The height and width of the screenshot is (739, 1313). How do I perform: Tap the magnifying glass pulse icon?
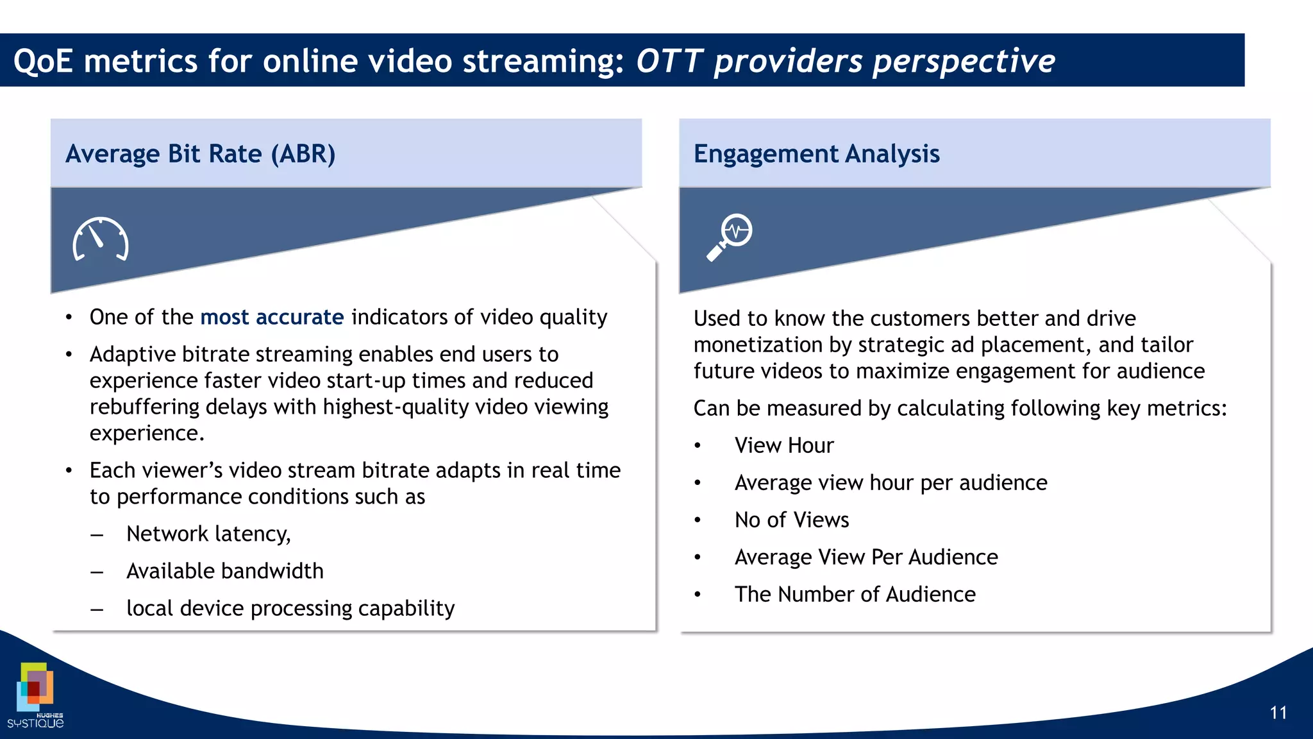coord(730,237)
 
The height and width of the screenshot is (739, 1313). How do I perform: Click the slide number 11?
coord(1278,713)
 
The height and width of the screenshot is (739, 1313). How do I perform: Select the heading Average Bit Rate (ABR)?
coord(200,154)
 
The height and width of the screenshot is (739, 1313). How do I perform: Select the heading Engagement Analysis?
coord(816,154)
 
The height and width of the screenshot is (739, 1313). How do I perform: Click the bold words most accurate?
coord(272,317)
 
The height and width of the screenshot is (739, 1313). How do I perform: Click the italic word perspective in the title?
coord(964,62)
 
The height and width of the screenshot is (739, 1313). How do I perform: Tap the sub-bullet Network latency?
coord(208,534)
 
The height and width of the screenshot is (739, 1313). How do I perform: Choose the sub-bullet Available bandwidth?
coord(224,571)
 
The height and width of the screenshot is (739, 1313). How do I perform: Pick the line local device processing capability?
coord(290,608)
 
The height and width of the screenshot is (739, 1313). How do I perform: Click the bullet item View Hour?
coord(783,445)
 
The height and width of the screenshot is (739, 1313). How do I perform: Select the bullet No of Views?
coord(791,520)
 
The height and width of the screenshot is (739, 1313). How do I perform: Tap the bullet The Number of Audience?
coord(855,594)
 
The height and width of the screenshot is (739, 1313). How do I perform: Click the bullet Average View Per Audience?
coord(866,557)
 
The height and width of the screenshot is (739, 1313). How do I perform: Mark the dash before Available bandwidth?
coord(97,572)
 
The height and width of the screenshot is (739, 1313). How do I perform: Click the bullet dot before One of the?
coord(69,318)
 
